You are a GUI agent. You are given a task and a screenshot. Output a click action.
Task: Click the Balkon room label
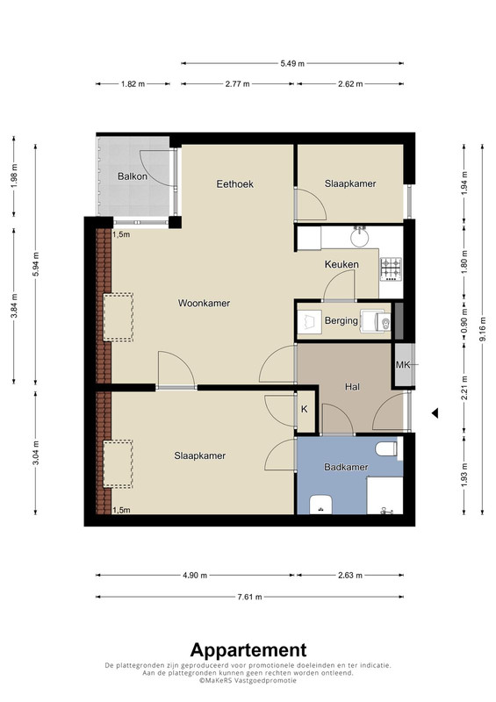point(133,176)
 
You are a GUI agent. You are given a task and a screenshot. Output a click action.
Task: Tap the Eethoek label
point(234,184)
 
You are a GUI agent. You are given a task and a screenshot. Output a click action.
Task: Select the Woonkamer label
point(204,303)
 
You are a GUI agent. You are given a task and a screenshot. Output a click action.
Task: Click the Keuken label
point(341,265)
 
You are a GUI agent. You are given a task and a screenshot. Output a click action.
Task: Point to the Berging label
point(341,320)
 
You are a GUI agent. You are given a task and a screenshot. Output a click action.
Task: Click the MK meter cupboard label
point(403,365)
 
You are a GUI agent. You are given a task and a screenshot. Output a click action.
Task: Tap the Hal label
point(352,387)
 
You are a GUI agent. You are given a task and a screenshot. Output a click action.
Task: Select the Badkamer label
point(346,467)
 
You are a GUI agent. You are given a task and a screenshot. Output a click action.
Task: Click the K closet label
point(305,409)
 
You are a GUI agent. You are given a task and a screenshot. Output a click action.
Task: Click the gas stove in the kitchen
point(391,269)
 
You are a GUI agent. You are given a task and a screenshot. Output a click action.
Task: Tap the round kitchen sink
point(359,237)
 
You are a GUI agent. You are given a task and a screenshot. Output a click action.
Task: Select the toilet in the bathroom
point(386,448)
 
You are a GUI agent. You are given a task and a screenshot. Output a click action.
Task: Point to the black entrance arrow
point(435,413)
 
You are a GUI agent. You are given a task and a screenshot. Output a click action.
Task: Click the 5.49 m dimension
point(292,63)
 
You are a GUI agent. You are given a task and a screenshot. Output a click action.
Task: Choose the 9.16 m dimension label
point(482,329)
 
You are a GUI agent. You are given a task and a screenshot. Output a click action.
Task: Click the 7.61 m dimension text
point(249,597)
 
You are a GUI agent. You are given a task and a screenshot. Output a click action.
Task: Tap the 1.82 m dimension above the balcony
point(133,83)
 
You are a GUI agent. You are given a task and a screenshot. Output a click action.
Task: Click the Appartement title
point(248,650)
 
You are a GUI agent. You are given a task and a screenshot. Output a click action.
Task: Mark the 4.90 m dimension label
point(195,576)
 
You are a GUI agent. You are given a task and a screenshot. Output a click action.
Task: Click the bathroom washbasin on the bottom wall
point(320,505)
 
